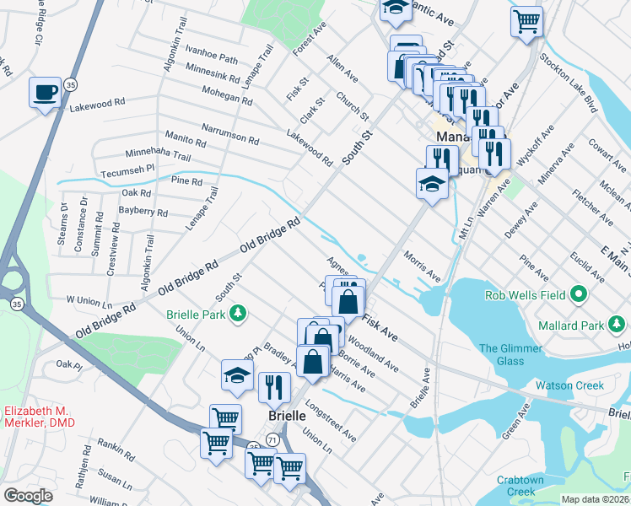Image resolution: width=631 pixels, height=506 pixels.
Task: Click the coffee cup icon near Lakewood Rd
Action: coord(44,93)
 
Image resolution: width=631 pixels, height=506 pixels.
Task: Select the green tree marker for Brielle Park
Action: coord(240,314)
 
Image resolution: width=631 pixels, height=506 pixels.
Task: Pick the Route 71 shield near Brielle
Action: coord(272,439)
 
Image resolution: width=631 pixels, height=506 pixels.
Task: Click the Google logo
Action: coord(28,495)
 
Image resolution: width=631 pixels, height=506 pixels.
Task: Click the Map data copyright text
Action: coord(596,498)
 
